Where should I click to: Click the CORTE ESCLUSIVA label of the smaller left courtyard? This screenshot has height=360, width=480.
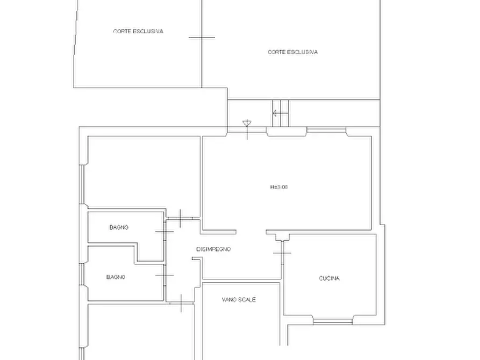(x=138, y=31)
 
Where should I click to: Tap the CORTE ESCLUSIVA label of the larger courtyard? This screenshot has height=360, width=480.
(x=292, y=52)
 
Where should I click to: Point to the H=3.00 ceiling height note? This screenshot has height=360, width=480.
(x=279, y=187)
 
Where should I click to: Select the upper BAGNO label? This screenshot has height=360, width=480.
(x=119, y=227)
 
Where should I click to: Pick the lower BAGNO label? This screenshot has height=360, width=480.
(x=116, y=277)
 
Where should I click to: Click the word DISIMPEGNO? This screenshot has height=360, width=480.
(x=213, y=249)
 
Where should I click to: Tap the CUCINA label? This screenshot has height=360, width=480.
(x=329, y=278)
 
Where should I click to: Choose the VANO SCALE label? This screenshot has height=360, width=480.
(x=239, y=299)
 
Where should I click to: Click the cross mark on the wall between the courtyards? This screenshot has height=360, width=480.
(x=202, y=38)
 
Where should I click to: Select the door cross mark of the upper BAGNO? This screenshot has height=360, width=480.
(x=164, y=232)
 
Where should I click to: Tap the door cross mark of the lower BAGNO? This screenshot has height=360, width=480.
(x=164, y=276)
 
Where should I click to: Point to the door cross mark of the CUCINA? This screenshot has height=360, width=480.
(x=282, y=253)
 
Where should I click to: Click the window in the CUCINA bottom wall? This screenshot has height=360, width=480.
(x=332, y=321)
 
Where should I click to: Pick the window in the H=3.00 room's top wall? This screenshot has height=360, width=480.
(x=326, y=130)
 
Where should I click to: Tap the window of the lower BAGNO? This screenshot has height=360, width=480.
(x=82, y=274)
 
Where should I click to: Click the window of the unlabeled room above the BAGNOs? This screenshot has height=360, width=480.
(x=82, y=185)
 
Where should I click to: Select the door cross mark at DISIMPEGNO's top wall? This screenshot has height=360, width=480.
(x=180, y=218)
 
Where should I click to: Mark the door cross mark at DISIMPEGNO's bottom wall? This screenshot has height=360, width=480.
(x=181, y=303)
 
